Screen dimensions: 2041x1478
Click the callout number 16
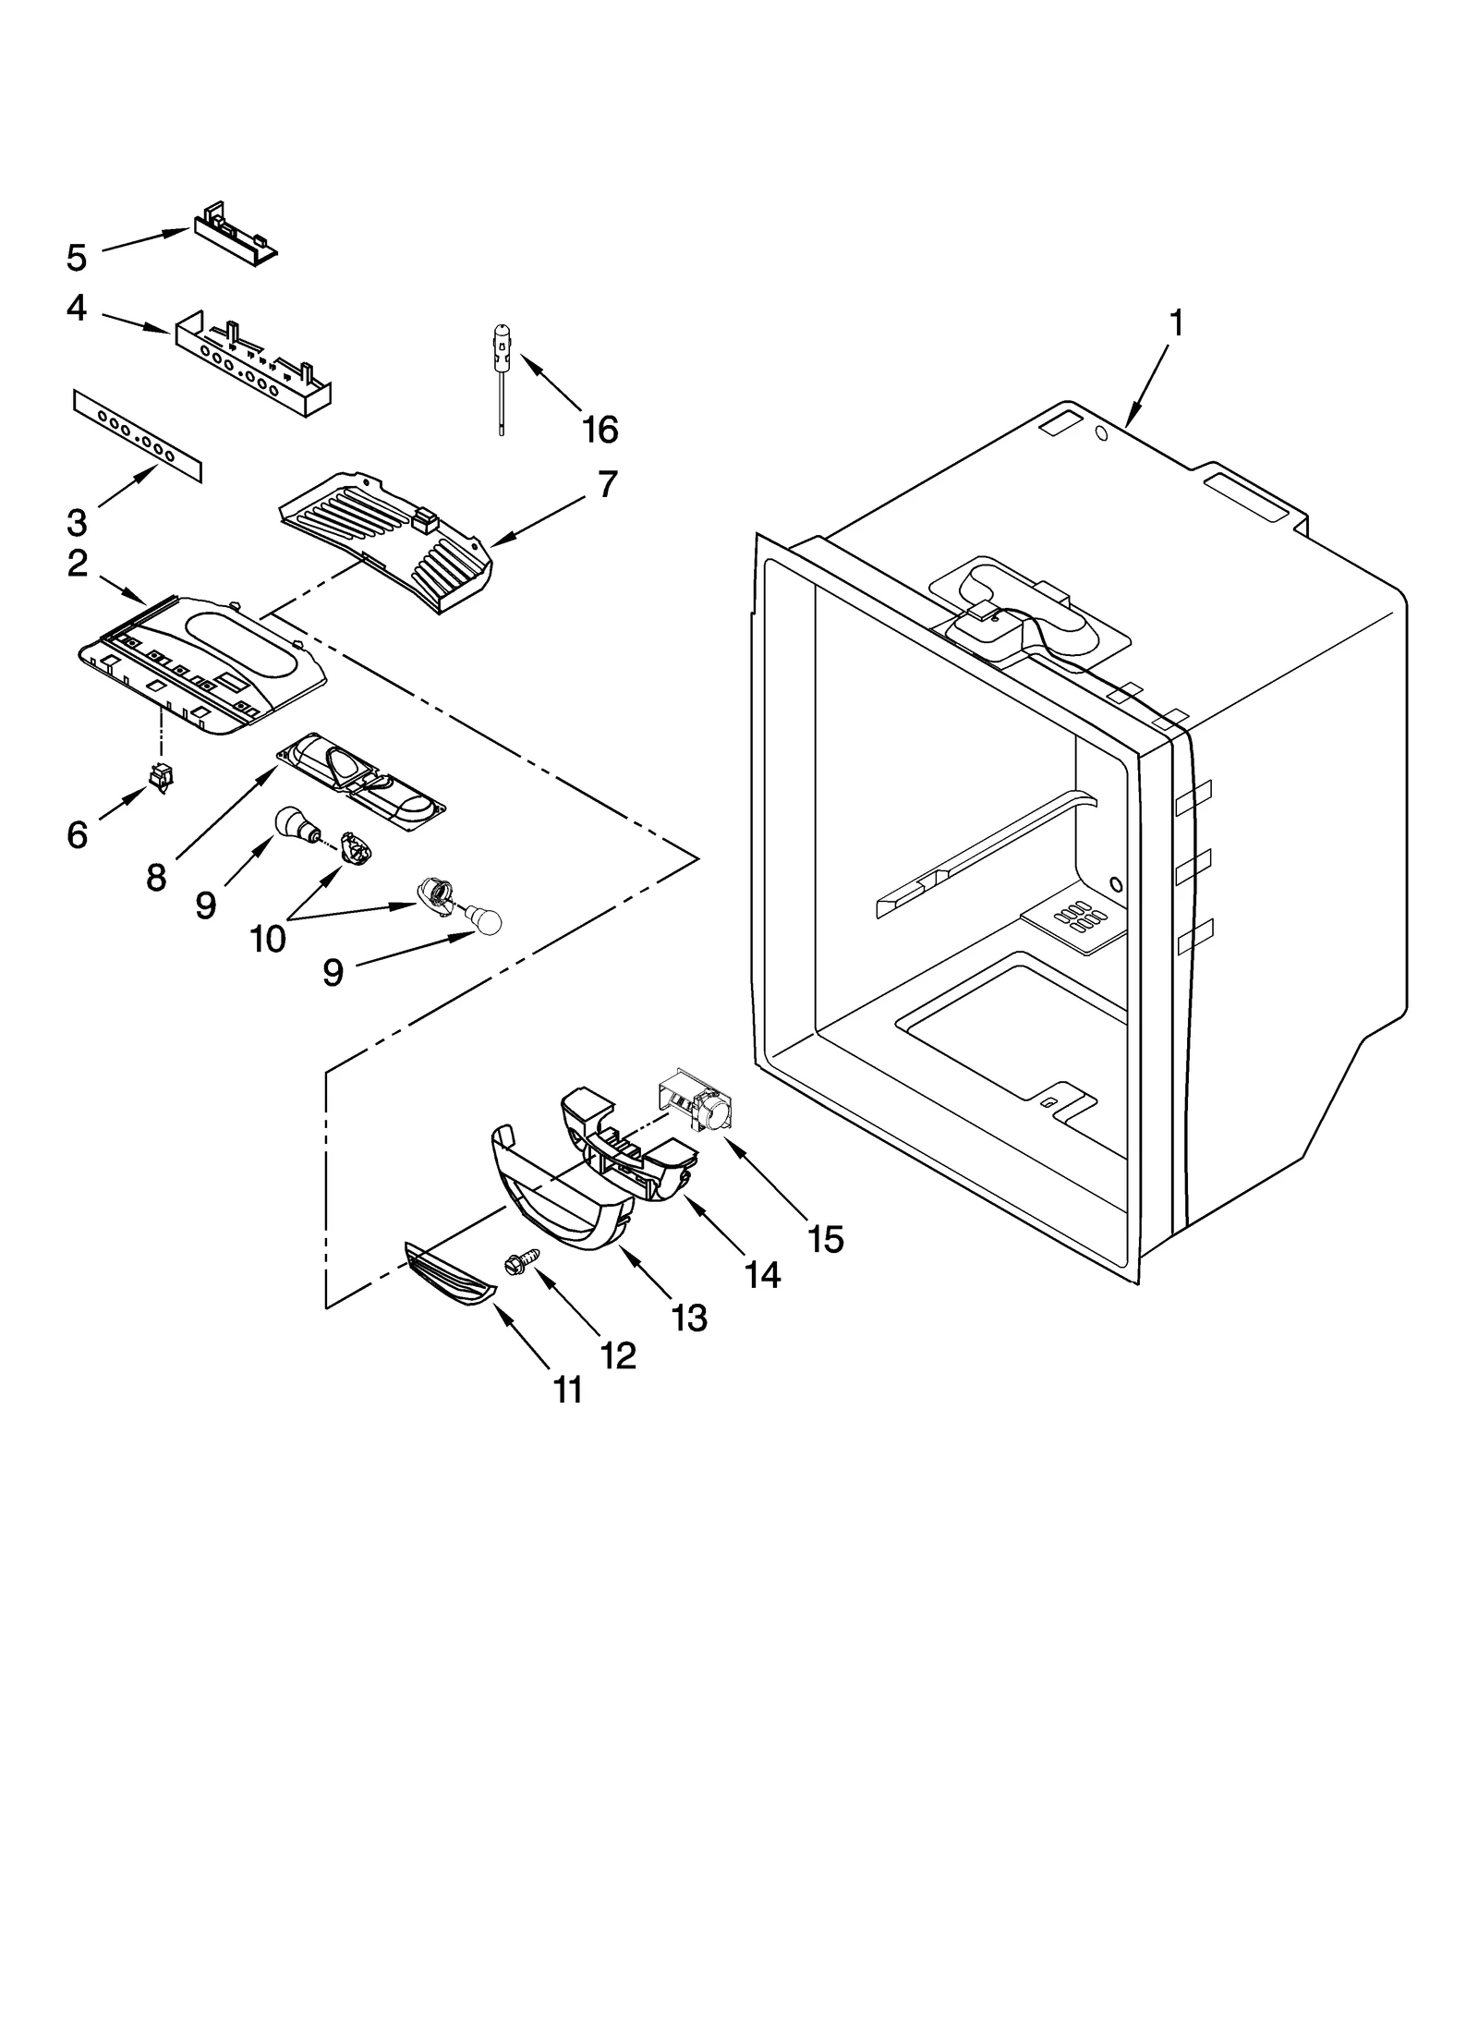(600, 430)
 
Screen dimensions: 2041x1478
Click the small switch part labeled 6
(161, 778)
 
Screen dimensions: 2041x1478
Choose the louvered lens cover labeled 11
(449, 1274)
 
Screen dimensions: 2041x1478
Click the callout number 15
(825, 1239)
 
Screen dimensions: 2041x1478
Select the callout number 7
(606, 484)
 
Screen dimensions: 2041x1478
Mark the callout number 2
(78, 564)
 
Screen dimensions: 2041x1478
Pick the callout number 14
(762, 1275)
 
